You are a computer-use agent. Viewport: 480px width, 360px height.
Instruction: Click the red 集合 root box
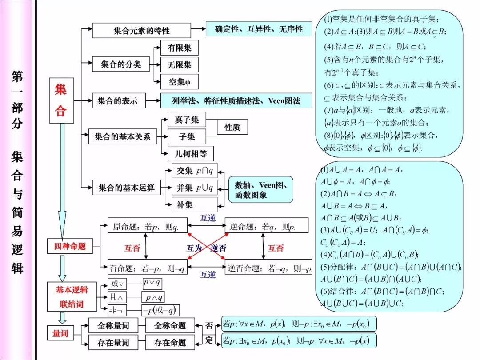(61, 100)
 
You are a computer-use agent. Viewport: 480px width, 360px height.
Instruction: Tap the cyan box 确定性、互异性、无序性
(259, 29)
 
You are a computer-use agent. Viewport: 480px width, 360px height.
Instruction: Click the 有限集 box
(179, 48)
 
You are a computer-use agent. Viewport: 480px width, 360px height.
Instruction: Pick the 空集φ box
(179, 82)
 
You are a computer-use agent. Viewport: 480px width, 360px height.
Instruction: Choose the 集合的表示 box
(117, 101)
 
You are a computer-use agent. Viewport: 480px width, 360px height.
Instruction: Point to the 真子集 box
(187, 120)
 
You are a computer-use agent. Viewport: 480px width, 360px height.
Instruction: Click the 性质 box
(232, 127)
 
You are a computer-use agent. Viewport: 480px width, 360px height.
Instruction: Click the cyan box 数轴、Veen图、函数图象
(260, 189)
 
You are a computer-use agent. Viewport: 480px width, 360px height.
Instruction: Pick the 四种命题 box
(70, 246)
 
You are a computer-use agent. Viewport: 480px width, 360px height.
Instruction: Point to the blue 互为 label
(194, 248)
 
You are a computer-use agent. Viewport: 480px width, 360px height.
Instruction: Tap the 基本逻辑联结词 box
(72, 297)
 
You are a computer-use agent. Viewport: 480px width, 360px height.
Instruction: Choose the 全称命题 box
(170, 326)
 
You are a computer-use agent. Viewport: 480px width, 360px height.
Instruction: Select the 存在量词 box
(113, 343)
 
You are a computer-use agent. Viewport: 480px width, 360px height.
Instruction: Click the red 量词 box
(60, 333)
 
